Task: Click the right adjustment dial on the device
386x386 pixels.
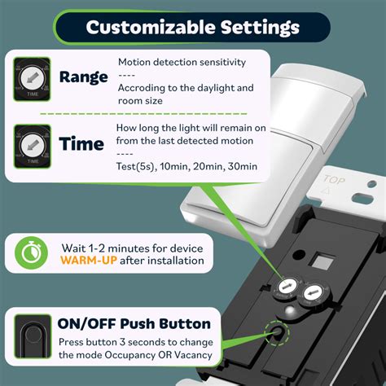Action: (314, 293)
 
